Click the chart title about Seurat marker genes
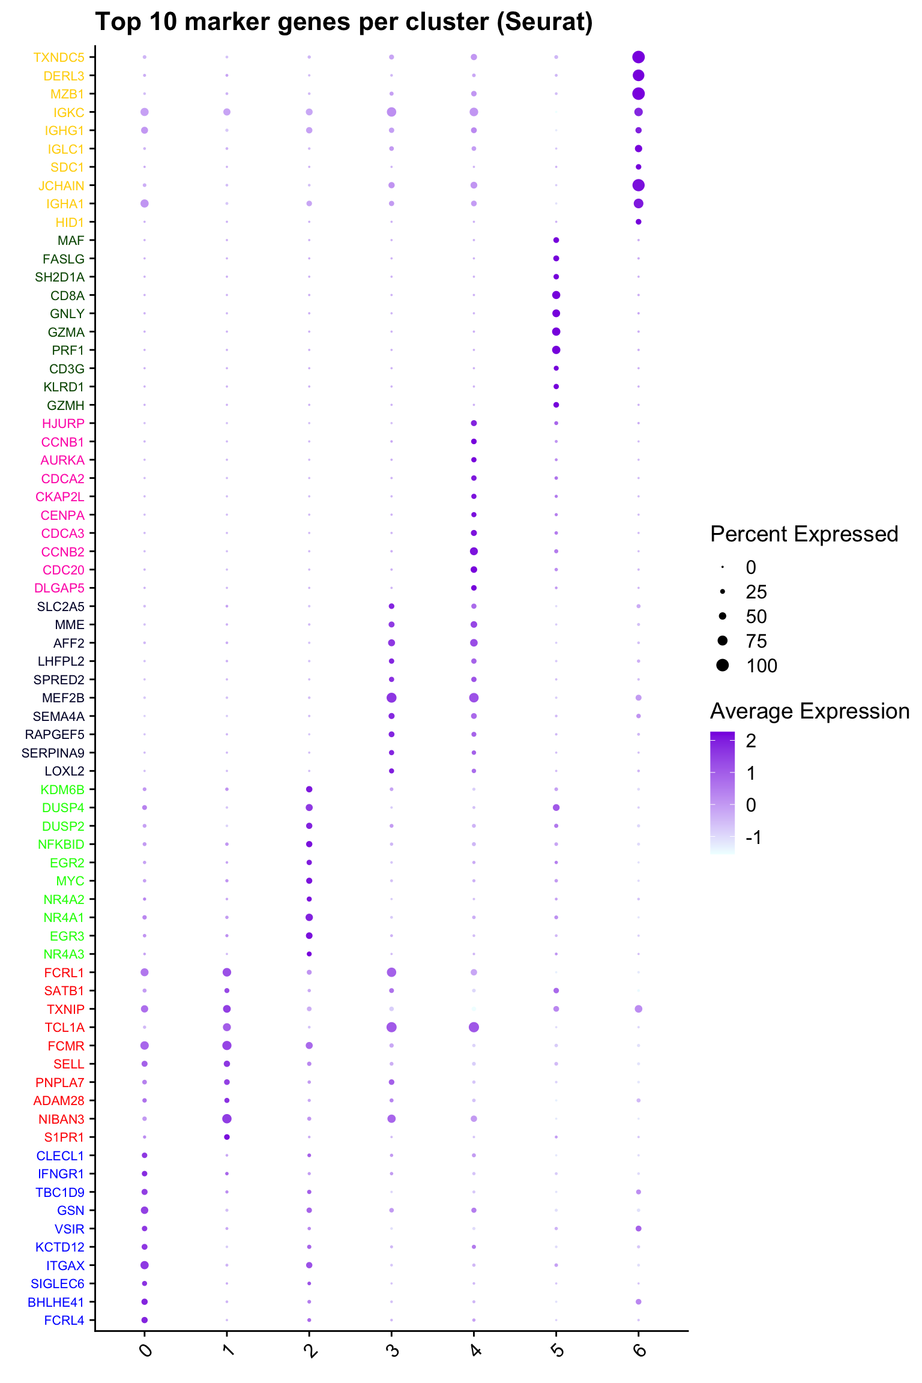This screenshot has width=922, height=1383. coord(344,22)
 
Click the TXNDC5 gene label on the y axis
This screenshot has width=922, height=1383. coord(59,58)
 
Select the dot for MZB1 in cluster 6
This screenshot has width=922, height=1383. coord(638,94)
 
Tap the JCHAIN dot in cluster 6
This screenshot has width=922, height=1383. coord(638,185)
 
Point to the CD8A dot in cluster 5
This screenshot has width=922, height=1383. coord(556,295)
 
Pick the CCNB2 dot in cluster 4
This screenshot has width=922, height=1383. coord(474,551)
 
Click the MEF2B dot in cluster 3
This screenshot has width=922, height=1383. coord(391,698)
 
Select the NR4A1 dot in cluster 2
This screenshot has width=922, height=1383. coord(309,917)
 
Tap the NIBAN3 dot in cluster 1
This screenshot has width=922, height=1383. coord(227,1118)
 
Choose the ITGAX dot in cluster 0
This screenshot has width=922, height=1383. coord(145,1265)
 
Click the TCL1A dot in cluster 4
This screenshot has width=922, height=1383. coord(474,1027)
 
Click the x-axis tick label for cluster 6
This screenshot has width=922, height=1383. coord(639,1351)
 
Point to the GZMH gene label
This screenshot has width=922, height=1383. coord(65,406)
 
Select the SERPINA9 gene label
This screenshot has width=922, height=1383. coord(53,753)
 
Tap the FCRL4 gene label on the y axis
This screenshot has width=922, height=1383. coord(64,1320)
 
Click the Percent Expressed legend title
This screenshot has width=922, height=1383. coord(804,534)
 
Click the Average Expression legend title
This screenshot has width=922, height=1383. coord(810,711)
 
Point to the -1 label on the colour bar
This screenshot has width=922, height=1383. coord(753,837)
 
